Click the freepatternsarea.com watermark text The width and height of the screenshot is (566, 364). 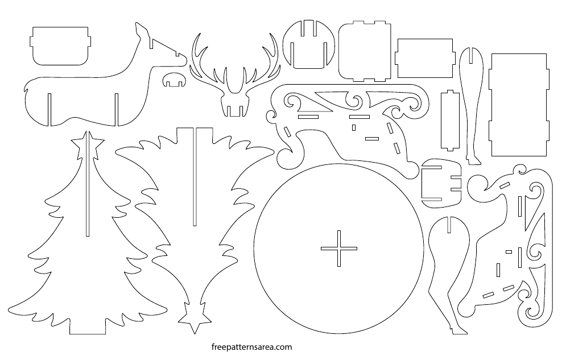[251, 347]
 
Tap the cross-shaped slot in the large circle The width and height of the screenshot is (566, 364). [339, 249]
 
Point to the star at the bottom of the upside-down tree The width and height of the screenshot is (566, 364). [195, 318]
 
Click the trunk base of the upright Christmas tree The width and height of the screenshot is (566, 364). [88, 326]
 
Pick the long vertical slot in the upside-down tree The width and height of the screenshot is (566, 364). [195, 177]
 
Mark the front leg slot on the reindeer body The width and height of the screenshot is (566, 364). [116, 110]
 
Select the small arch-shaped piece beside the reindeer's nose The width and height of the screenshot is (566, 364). [174, 80]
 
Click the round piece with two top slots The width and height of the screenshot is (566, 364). [309, 44]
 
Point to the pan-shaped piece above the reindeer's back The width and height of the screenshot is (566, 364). [60, 46]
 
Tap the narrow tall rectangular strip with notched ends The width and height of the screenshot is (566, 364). [450, 120]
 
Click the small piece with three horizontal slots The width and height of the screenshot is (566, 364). [441, 183]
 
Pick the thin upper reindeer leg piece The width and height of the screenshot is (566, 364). [472, 105]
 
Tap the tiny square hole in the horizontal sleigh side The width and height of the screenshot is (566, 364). [354, 128]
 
